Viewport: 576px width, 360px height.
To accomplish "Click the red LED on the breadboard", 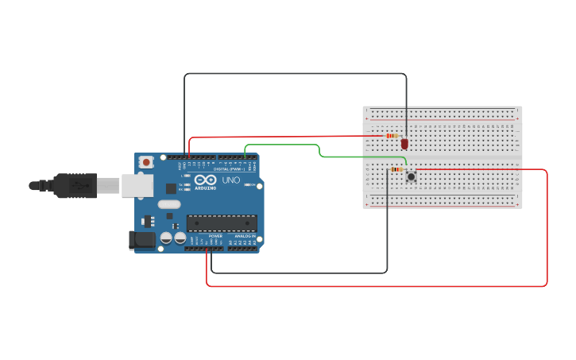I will pyautogui.click(x=404, y=144).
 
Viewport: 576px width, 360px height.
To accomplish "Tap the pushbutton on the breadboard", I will pyautogui.click(x=411, y=176).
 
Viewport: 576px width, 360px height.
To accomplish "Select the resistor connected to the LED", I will pyautogui.click(x=392, y=136).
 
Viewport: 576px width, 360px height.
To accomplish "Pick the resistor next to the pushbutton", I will pyautogui.click(x=396, y=169).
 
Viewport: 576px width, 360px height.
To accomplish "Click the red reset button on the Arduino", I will pyautogui.click(x=146, y=162).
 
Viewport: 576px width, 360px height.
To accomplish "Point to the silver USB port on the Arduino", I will pyautogui.click(x=137, y=185).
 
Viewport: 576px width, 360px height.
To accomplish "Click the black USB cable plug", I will pyautogui.click(x=75, y=185).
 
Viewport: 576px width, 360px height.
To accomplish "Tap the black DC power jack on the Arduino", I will pyautogui.click(x=143, y=239).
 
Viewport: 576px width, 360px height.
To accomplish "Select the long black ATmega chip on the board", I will pyautogui.click(x=222, y=225).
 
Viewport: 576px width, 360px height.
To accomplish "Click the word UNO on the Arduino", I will pyautogui.click(x=230, y=180).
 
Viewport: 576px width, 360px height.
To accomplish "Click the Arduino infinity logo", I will pyautogui.click(x=205, y=181).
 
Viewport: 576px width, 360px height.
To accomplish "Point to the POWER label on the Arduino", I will pyautogui.click(x=215, y=236).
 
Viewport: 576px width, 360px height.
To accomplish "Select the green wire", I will pyautogui.click(x=318, y=150).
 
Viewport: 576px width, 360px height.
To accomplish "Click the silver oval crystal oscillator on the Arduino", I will pyautogui.click(x=169, y=204).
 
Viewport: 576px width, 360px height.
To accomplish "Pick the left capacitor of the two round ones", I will pyautogui.click(x=166, y=238).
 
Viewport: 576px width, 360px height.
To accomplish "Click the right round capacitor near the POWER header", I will pyautogui.click(x=180, y=238).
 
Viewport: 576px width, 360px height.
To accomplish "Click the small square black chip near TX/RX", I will pyautogui.click(x=171, y=188).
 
